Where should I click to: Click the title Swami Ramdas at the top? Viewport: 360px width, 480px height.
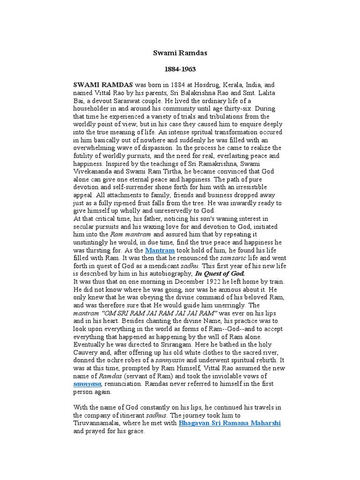(x=180, y=53)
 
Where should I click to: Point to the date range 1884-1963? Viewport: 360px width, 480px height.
(x=180, y=69)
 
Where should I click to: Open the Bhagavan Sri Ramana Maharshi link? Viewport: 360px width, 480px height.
(x=230, y=423)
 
